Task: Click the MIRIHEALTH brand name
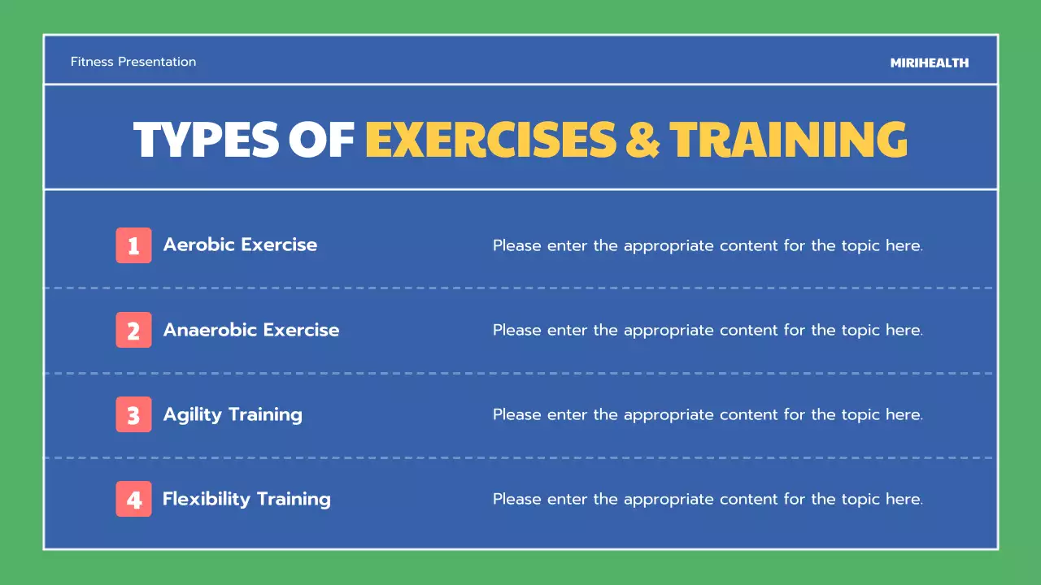tap(929, 63)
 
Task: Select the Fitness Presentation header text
tap(133, 62)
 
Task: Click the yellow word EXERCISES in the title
tap(490, 139)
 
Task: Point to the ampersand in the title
tap(642, 139)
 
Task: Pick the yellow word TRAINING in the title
tap(788, 139)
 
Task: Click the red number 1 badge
tap(133, 245)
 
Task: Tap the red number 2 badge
tap(133, 331)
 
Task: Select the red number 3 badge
tap(133, 415)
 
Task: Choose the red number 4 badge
tap(133, 500)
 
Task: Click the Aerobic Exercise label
tap(240, 245)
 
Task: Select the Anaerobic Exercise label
tap(251, 330)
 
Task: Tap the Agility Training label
tap(233, 414)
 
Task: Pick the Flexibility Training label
tap(246, 499)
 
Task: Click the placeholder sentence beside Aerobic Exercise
tap(708, 245)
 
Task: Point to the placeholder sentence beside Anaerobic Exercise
tap(708, 331)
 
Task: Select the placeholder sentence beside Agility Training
tap(708, 415)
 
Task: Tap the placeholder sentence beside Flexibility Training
tap(708, 500)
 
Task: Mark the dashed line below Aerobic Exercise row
tap(520, 288)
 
